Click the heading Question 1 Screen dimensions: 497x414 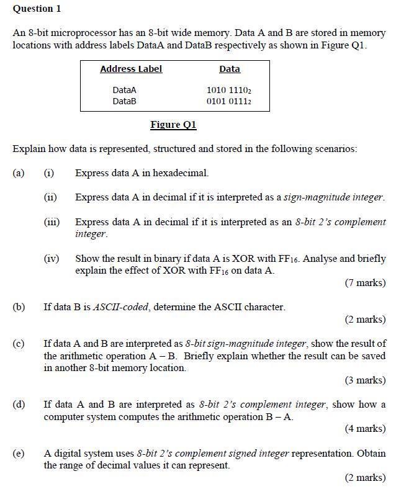pyautogui.click(x=37, y=9)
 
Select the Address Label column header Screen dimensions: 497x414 pyautogui.click(x=131, y=69)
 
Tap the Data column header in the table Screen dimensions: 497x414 pyautogui.click(x=229, y=69)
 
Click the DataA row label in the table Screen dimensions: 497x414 pyautogui.click(x=124, y=90)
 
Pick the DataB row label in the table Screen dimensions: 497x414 pyautogui.click(x=124, y=101)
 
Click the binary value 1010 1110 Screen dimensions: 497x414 pyautogui.click(x=228, y=90)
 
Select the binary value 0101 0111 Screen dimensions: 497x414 pyautogui.click(x=228, y=101)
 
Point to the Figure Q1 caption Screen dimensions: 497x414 pyautogui.click(x=173, y=125)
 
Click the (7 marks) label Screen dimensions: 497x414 pyautogui.click(x=365, y=283)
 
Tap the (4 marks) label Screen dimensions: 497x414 pyautogui.click(x=365, y=428)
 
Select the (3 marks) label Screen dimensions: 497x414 pyautogui.click(x=365, y=380)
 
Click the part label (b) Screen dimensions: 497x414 pyautogui.click(x=19, y=307)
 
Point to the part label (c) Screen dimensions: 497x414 pyautogui.click(x=19, y=343)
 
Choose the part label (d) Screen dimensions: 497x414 pyautogui.click(x=19, y=405)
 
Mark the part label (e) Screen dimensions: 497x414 pyautogui.click(x=19, y=453)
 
